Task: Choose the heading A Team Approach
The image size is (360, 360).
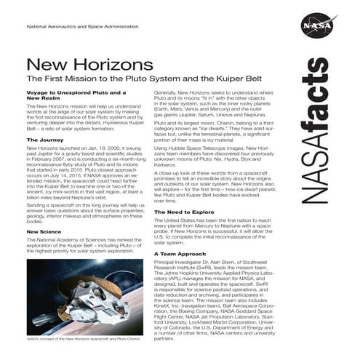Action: coord(181,254)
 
